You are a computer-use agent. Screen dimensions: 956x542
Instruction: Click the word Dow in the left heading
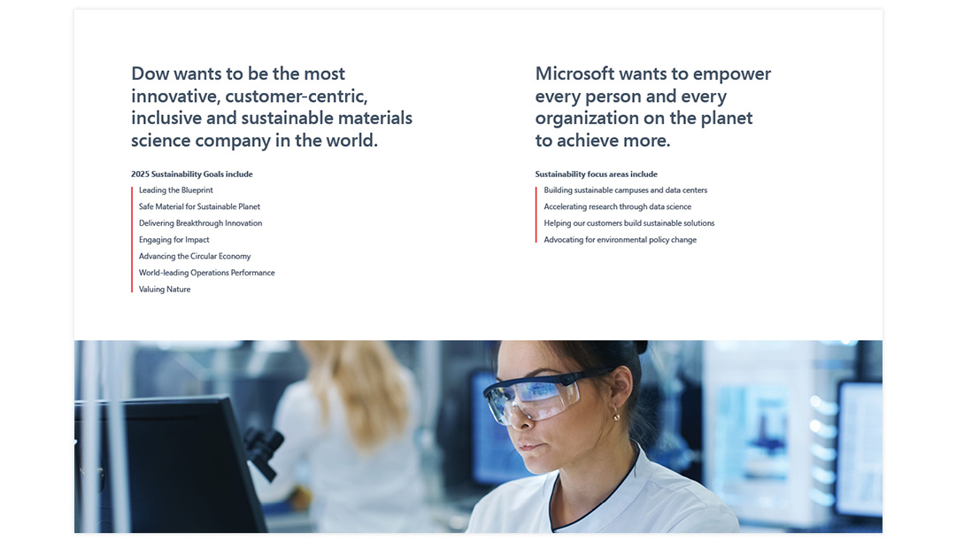pyautogui.click(x=150, y=74)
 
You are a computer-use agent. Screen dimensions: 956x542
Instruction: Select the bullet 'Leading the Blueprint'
pyautogui.click(x=175, y=190)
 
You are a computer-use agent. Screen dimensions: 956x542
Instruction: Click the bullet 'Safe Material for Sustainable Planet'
pyautogui.click(x=199, y=206)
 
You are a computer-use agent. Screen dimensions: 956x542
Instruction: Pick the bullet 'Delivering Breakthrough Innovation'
pyautogui.click(x=201, y=223)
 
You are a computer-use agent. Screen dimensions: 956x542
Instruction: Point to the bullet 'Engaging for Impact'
pyautogui.click(x=173, y=240)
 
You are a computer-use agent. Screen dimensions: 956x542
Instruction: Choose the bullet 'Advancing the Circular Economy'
pyautogui.click(x=195, y=256)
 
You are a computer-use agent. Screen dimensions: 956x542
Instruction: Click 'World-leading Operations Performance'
pyautogui.click(x=206, y=273)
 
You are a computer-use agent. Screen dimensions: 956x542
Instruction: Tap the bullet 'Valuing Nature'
pyautogui.click(x=165, y=289)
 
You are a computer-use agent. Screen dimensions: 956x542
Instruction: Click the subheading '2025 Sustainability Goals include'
pyautogui.click(x=192, y=174)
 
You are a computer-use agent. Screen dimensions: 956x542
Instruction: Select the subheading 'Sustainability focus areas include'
pyautogui.click(x=597, y=174)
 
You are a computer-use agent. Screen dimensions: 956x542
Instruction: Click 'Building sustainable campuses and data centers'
pyautogui.click(x=626, y=190)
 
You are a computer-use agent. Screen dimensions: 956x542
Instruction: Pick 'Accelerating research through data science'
pyautogui.click(x=618, y=206)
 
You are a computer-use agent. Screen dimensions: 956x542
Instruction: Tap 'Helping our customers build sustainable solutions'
pyautogui.click(x=629, y=223)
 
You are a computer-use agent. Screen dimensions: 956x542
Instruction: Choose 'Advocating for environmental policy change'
pyautogui.click(x=620, y=240)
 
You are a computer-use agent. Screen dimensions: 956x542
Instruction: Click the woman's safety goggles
pyautogui.click(x=536, y=396)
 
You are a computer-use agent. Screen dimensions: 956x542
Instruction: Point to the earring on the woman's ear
pyautogui.click(x=616, y=417)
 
